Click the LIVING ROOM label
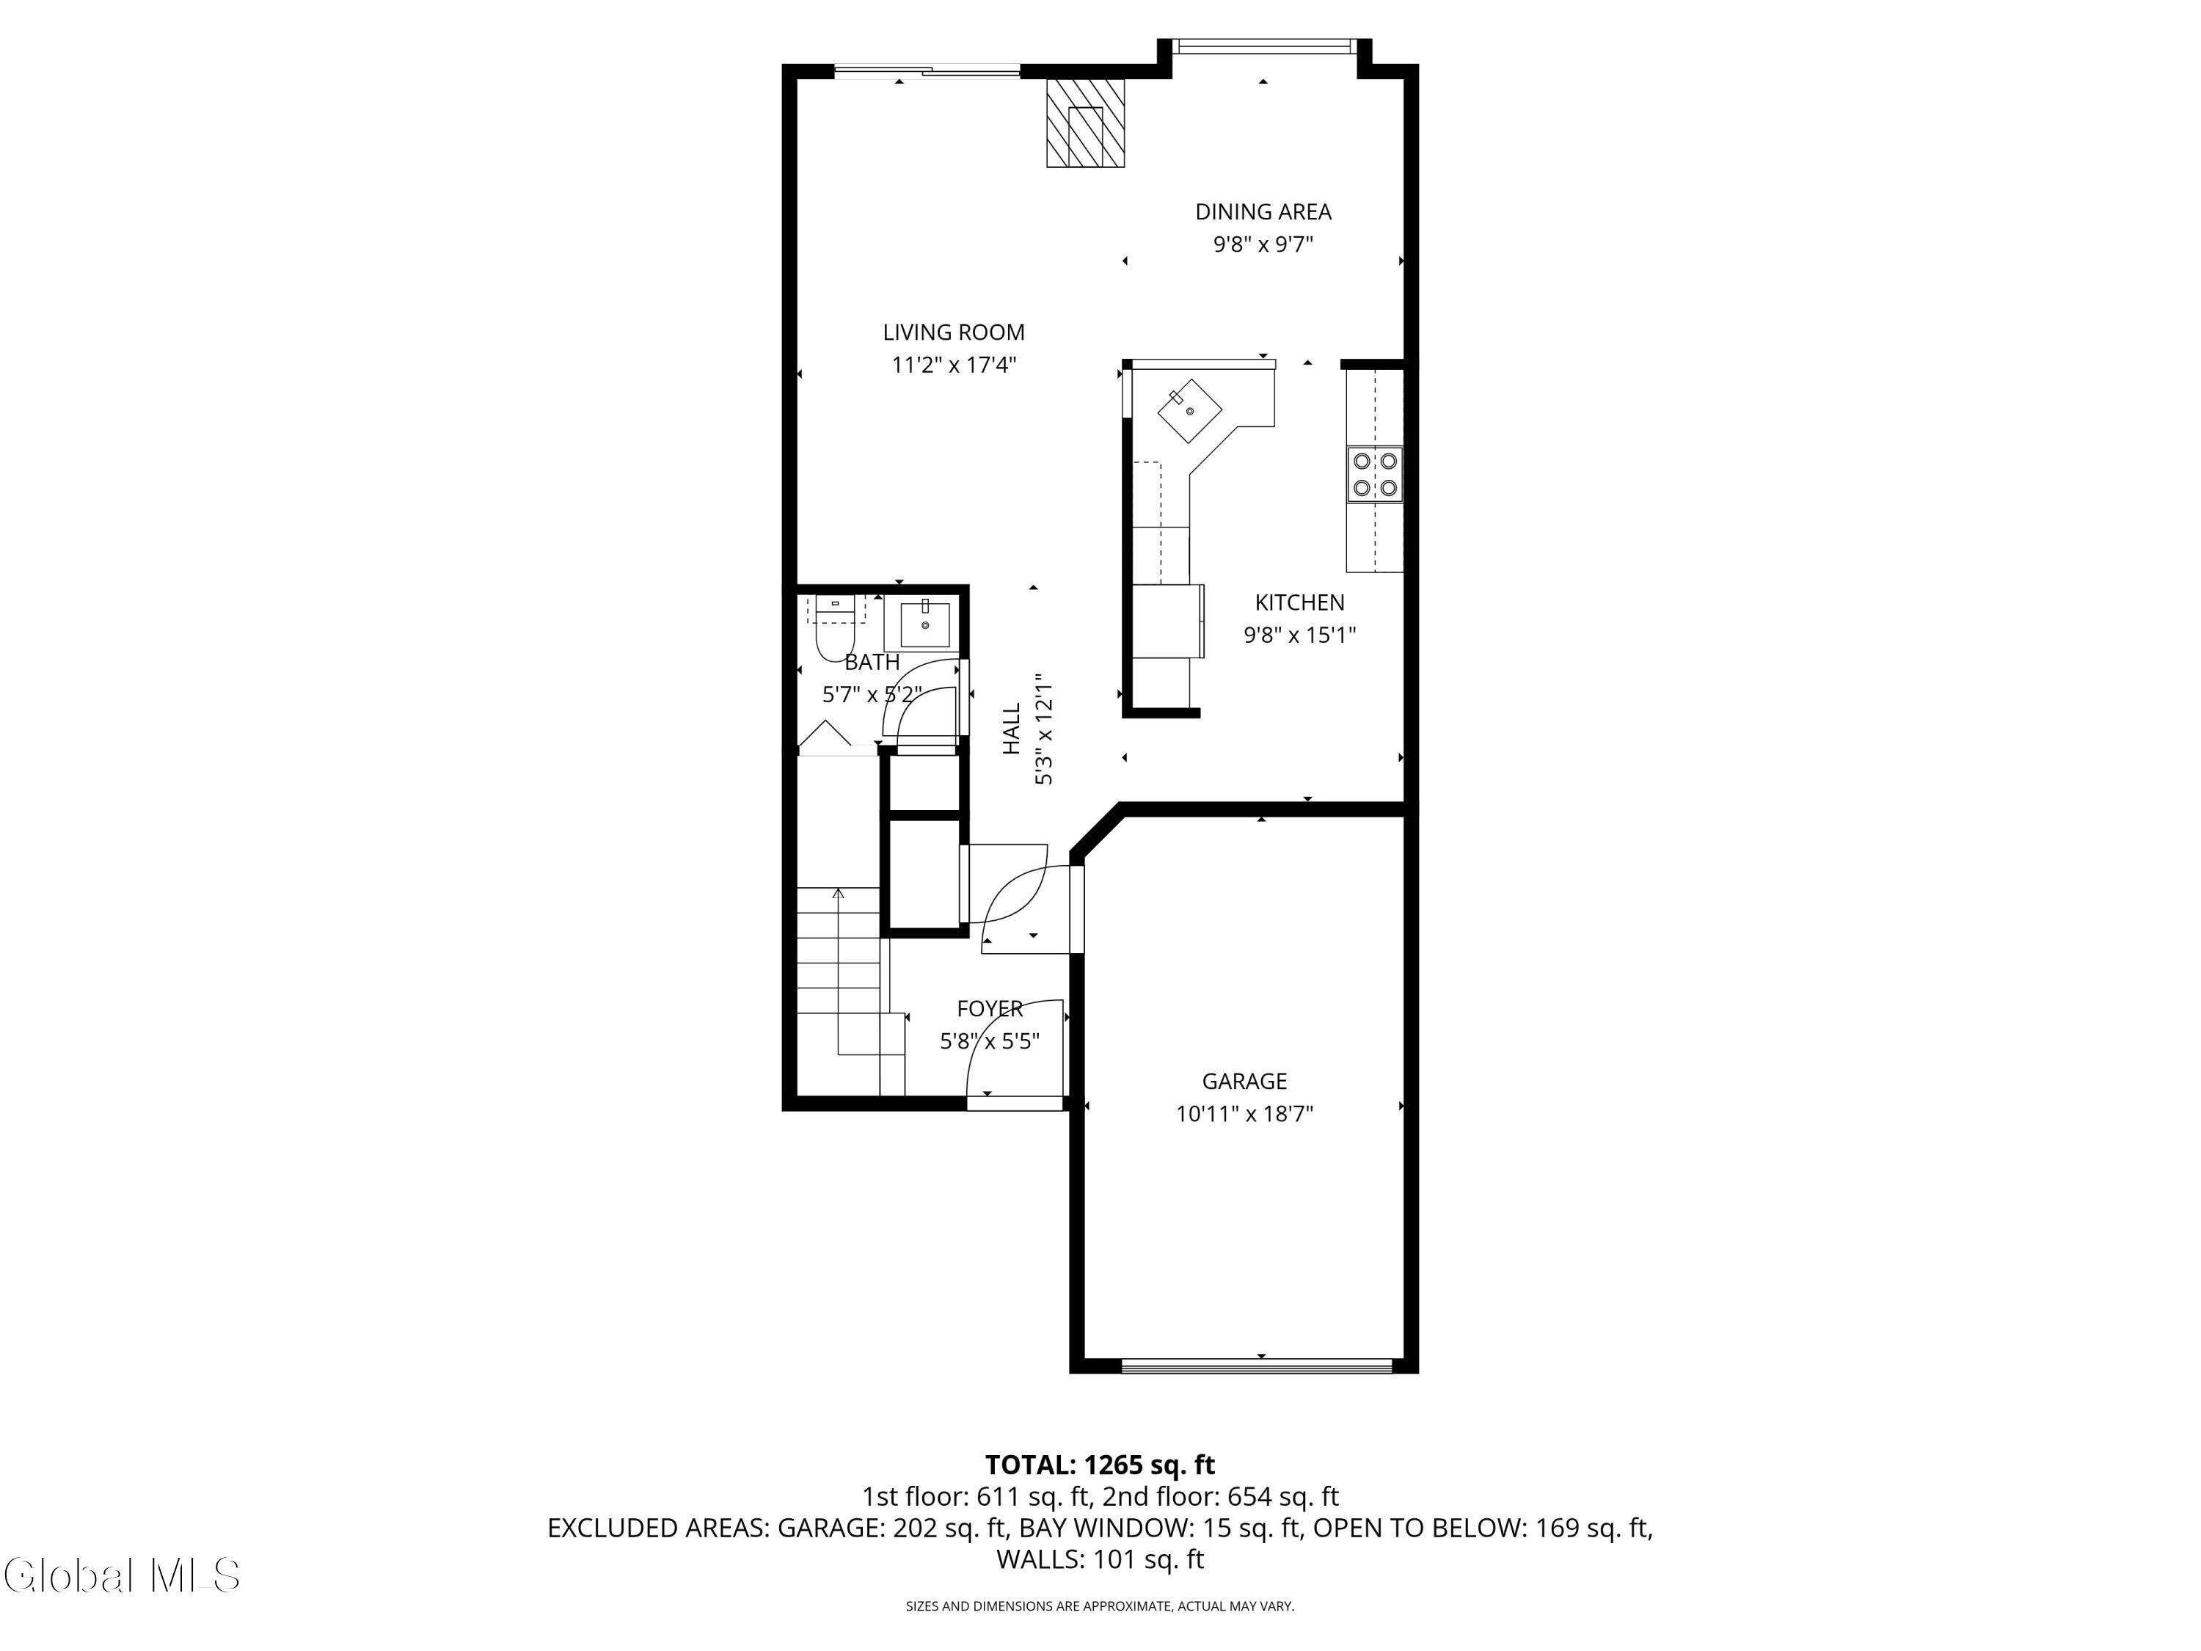(952, 332)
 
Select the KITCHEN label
(1299, 602)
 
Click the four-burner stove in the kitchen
(1374, 475)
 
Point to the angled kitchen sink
(1189, 410)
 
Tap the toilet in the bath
(835, 632)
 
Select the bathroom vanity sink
(924, 624)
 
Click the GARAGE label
(1244, 1081)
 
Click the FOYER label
(989, 1008)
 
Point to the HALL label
(1011, 729)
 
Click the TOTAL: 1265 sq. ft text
(1100, 1465)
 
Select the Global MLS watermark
(121, 1575)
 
